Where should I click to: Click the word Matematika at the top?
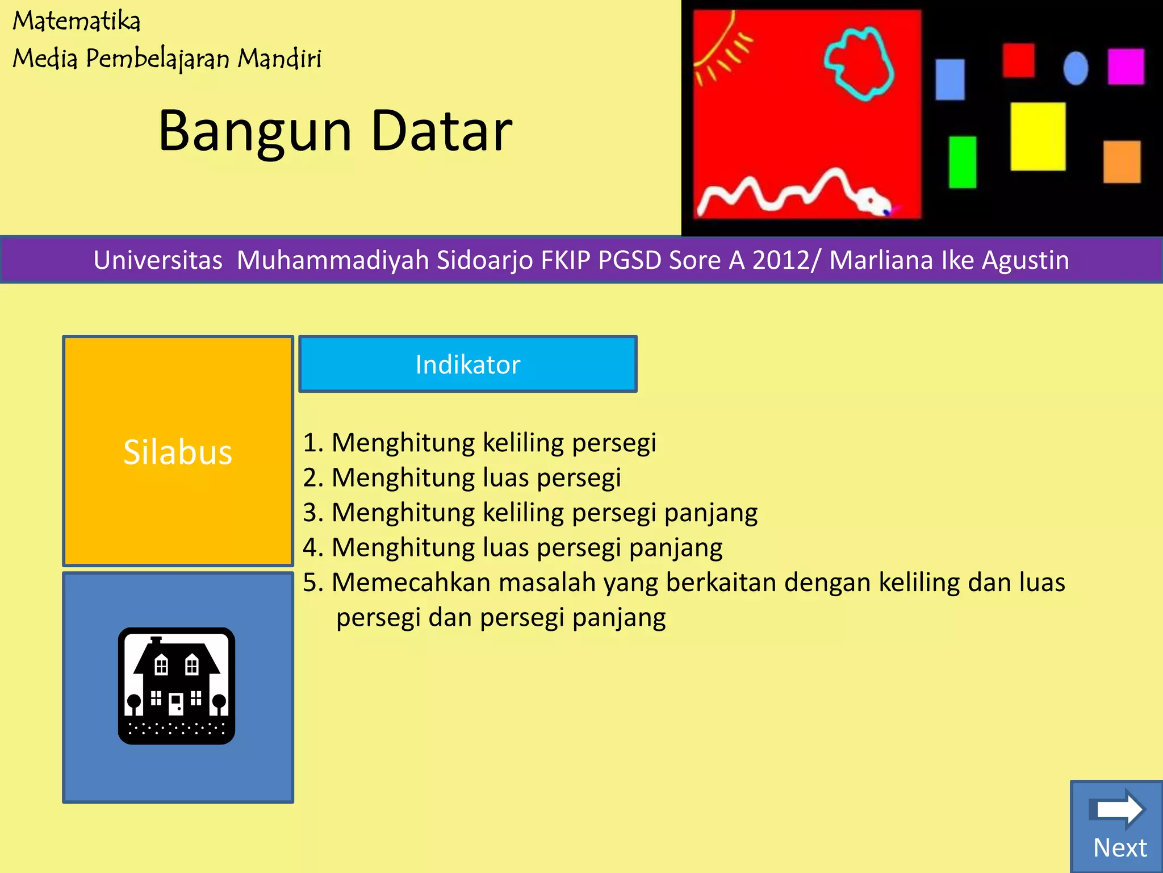click(76, 22)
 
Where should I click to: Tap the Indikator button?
click(467, 364)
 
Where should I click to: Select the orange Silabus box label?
click(178, 452)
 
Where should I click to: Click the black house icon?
click(177, 686)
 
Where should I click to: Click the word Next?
click(1119, 847)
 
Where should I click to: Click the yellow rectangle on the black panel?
click(1038, 136)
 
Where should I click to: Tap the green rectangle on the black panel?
click(963, 162)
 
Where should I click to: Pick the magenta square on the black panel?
click(1126, 66)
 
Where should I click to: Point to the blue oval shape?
click(1076, 68)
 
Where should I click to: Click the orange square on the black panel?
click(1122, 162)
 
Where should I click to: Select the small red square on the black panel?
click(1018, 60)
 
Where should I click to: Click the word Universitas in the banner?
click(158, 260)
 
